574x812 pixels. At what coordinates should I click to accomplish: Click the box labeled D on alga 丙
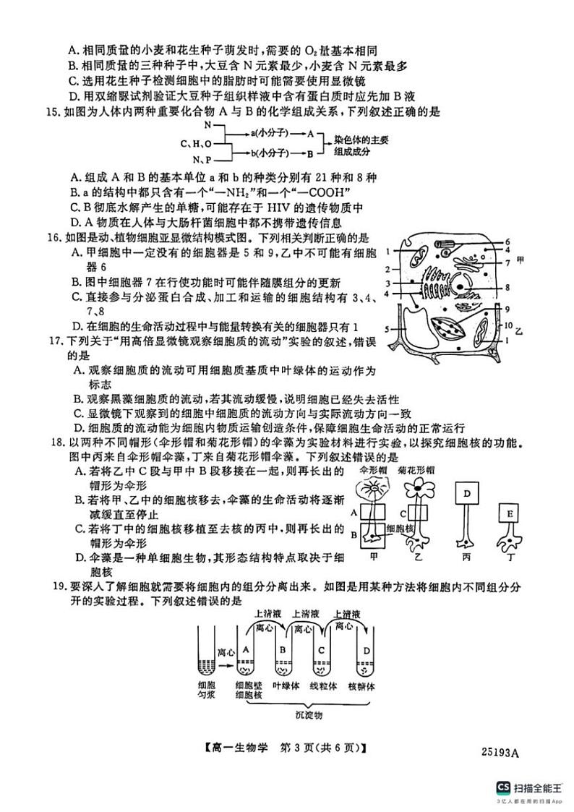pos(467,494)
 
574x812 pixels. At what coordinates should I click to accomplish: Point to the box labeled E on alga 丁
pos(510,514)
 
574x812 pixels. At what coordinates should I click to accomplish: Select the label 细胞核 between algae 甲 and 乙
pos(399,529)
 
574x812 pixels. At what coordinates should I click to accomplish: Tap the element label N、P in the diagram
pos(202,159)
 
